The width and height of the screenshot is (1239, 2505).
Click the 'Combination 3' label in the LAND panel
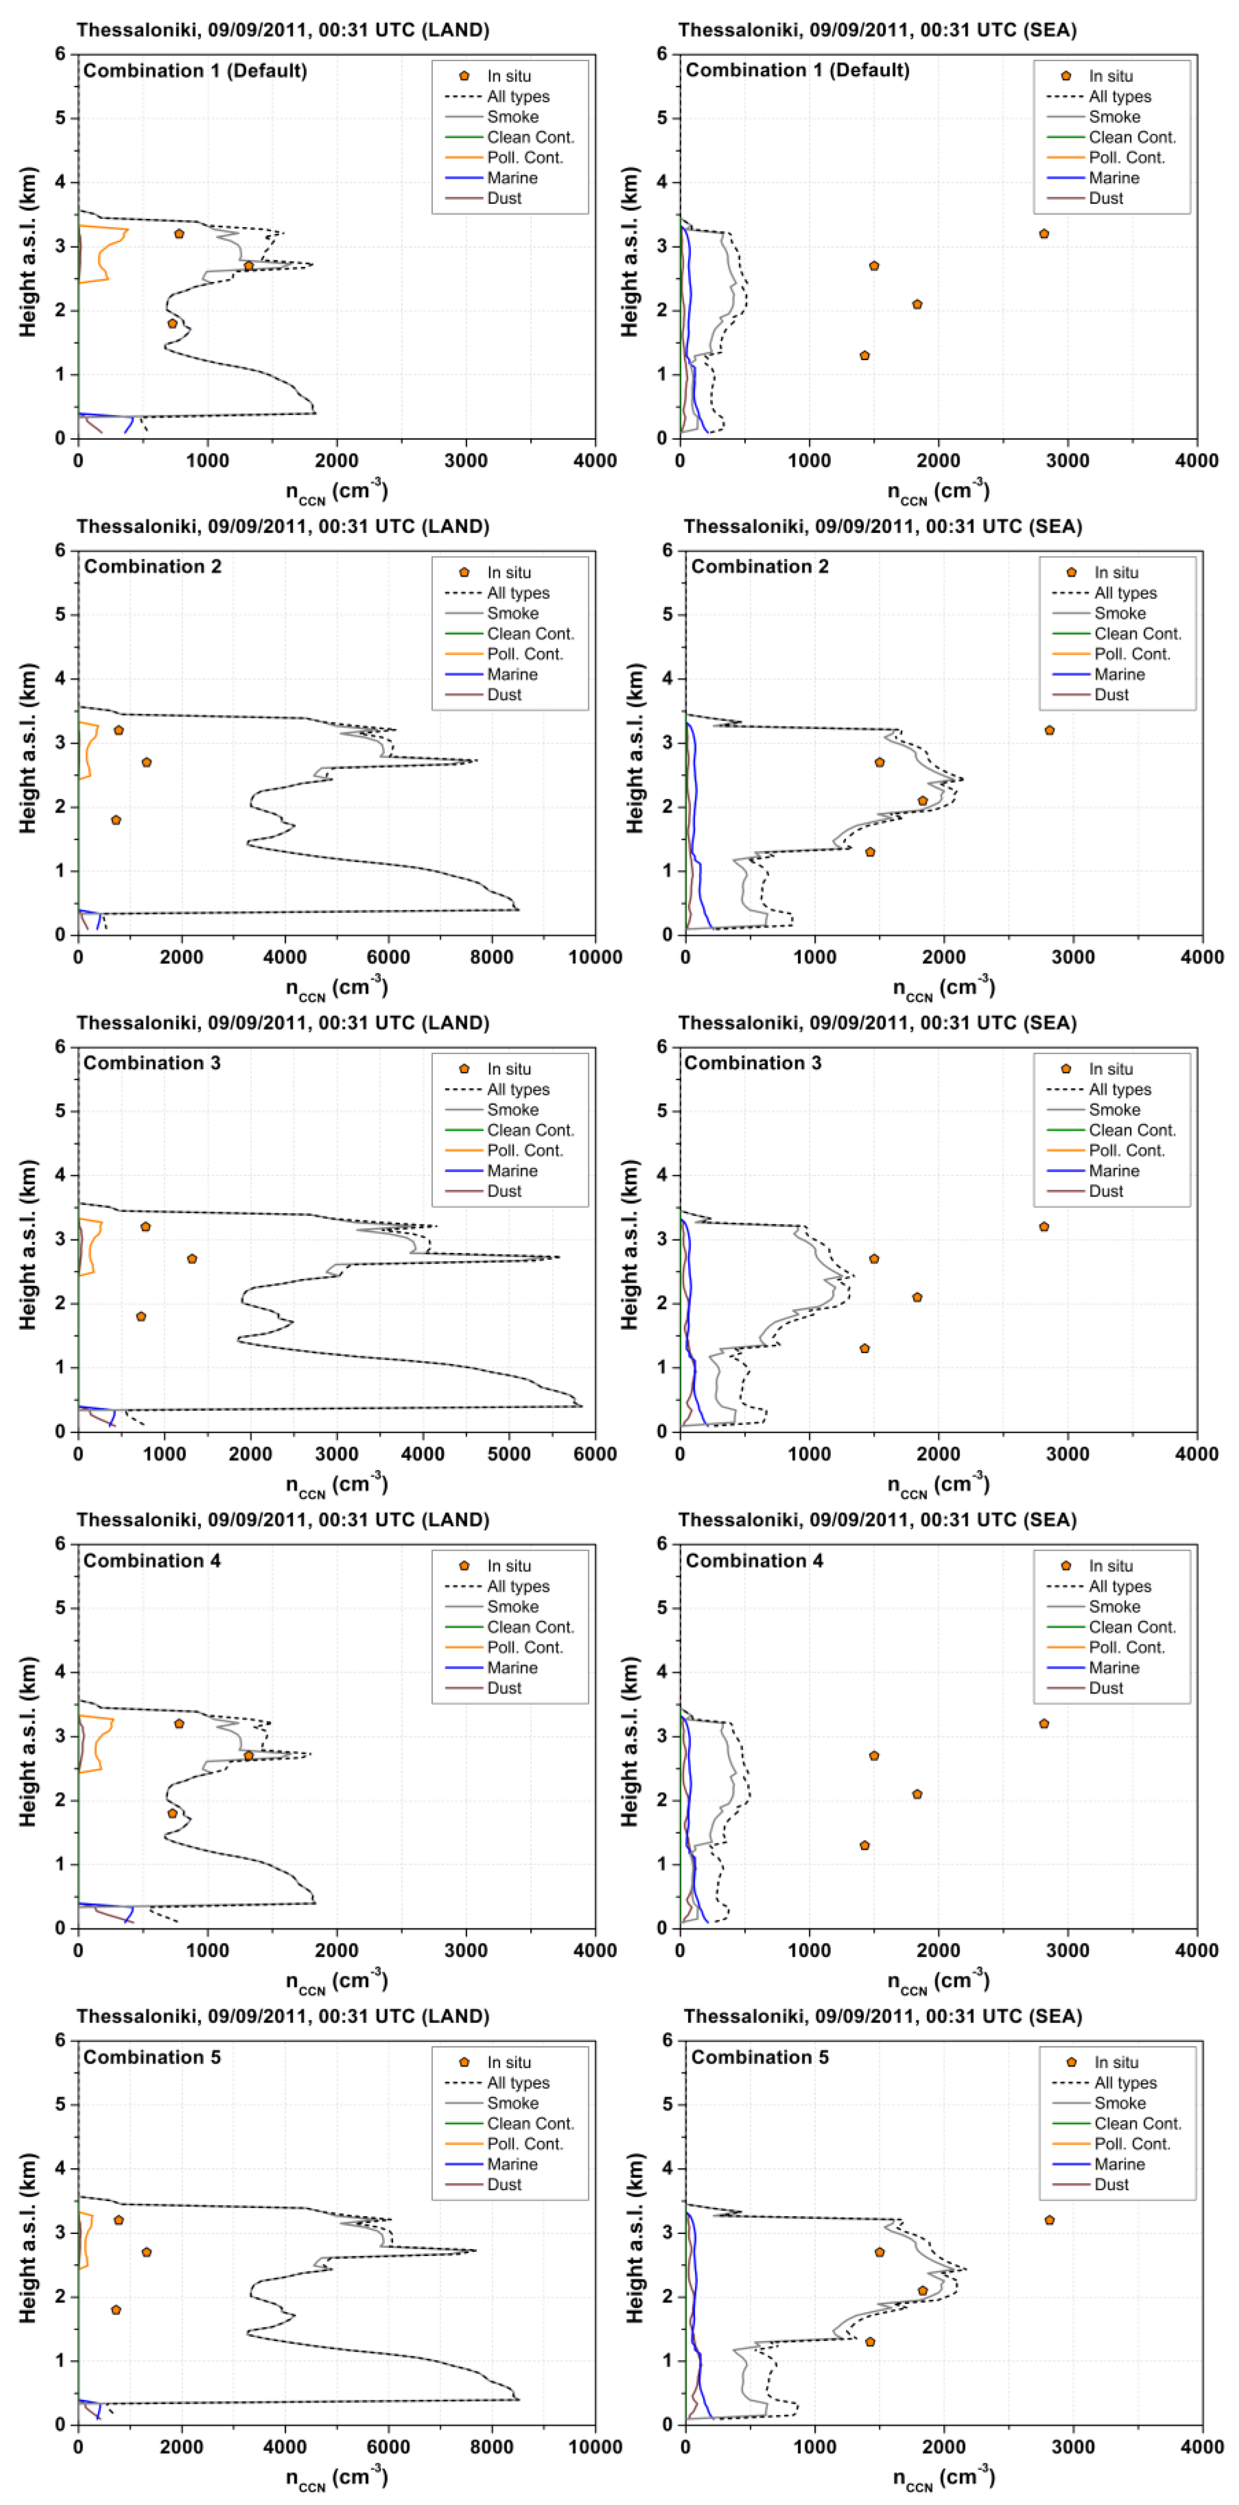coord(152,1063)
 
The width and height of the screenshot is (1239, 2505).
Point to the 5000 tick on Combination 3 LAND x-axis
coord(509,1454)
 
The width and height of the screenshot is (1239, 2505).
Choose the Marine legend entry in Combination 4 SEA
coord(1113,1668)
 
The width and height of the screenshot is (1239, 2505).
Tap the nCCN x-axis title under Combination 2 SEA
coord(943,988)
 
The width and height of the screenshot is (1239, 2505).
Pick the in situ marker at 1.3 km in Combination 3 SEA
coord(865,1349)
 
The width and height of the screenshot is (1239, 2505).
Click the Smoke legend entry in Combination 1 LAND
coord(512,117)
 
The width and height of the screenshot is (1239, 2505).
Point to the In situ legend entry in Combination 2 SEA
coord(1116,573)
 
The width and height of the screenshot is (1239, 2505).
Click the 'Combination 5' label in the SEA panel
coord(760,2057)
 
